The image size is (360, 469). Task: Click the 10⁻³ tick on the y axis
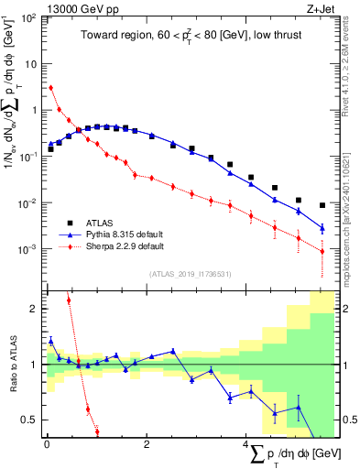coord(27,249)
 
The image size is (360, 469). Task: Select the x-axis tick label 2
coord(147,445)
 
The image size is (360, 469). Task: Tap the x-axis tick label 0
coord(47,445)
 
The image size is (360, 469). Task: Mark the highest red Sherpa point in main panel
coord(51,88)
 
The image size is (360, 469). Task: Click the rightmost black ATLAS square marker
coord(322,205)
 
